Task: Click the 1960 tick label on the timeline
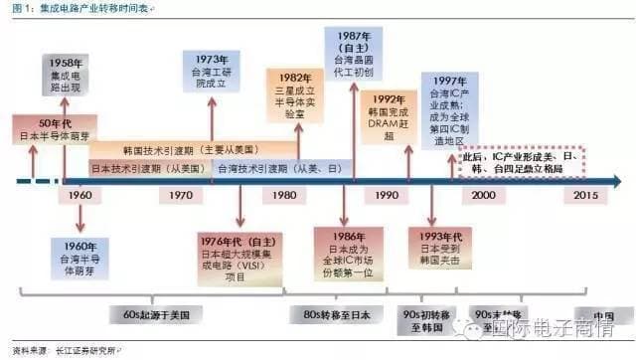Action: [81, 196]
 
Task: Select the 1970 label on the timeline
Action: [182, 196]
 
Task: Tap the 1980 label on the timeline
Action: [283, 196]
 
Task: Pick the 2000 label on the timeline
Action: [485, 196]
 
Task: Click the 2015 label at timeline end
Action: [586, 196]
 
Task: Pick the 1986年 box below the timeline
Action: [348, 254]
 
